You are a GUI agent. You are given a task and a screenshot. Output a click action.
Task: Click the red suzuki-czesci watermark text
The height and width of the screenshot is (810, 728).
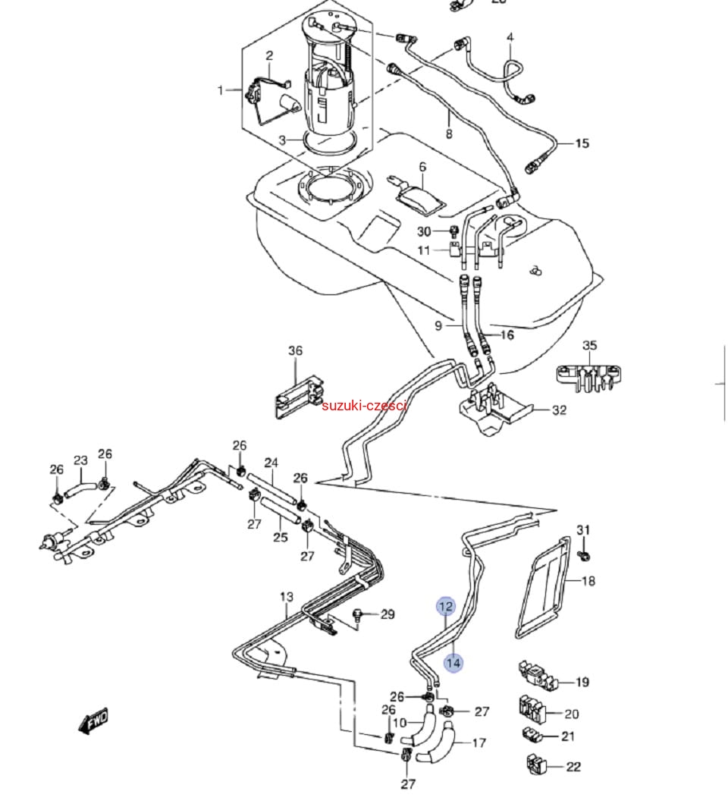coord(365,406)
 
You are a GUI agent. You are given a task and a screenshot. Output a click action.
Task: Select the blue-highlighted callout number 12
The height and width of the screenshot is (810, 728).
coord(446,607)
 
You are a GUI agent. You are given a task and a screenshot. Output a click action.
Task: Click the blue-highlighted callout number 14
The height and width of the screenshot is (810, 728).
coord(453,663)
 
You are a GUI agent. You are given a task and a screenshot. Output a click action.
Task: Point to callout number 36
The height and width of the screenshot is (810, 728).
coord(295,351)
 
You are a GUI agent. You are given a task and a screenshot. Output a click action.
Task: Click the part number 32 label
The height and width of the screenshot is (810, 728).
coord(559,411)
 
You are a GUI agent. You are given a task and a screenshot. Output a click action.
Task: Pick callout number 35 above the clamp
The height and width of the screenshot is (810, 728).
coord(589,346)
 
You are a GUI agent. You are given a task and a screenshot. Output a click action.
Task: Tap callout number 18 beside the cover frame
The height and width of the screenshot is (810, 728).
coord(588,581)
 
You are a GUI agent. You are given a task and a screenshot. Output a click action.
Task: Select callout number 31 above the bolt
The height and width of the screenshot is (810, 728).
coord(582,529)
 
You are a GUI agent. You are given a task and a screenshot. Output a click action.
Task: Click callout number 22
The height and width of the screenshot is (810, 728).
coord(573,767)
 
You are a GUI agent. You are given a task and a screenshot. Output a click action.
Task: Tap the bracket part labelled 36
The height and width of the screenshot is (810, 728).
coord(299,393)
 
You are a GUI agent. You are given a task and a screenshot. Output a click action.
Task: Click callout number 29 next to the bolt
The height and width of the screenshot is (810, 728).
coord(388,614)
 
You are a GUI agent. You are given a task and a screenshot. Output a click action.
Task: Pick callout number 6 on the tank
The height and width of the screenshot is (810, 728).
coord(422,167)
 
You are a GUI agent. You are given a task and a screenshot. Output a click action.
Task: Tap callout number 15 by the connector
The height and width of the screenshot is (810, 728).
coord(582,143)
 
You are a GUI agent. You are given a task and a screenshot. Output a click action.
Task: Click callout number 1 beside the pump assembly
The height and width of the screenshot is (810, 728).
coord(221,90)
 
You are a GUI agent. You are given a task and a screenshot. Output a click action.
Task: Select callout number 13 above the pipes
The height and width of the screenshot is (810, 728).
coord(286,597)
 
